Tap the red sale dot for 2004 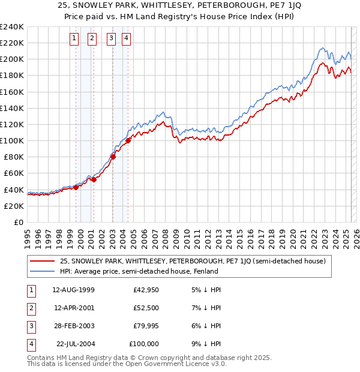128,142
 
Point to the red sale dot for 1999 76,187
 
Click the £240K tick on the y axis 12,27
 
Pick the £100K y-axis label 12,140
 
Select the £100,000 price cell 144,344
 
